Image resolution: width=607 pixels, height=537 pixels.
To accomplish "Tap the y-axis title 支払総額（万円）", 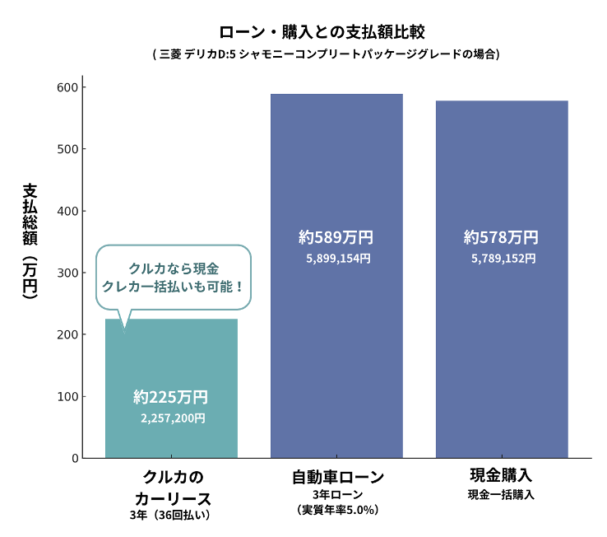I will click(30, 239).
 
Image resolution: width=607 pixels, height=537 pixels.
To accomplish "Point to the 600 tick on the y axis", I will click(67, 87).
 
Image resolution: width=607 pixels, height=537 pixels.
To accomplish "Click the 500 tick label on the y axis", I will click(67, 149).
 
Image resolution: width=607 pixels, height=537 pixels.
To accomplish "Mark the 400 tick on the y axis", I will click(67, 211).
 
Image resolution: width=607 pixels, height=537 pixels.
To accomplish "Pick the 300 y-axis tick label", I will click(67, 273).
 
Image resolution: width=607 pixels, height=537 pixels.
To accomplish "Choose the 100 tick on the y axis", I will click(67, 396).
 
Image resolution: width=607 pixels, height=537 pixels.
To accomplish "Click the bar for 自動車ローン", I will click(336, 346).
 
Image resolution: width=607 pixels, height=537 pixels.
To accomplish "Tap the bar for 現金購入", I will click(502, 346).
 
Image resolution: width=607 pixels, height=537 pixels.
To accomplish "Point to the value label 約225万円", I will click(171, 397).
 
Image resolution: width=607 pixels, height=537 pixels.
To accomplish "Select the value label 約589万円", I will click(336, 238).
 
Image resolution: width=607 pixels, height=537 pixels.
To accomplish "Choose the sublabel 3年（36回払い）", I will click(170, 516).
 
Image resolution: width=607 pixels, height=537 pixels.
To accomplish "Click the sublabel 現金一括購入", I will click(502, 495).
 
